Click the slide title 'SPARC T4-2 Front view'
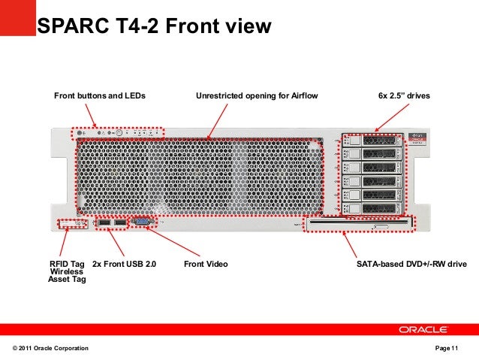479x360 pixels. pos(154,28)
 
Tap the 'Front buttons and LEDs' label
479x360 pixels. pos(99,96)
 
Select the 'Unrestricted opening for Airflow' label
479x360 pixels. pos(257,96)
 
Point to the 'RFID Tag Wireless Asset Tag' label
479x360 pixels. pos(68,272)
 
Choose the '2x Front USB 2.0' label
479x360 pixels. pos(124,265)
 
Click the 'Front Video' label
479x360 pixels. pos(206,265)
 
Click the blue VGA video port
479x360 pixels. pos(140,222)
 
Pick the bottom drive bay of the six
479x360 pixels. pos(372,207)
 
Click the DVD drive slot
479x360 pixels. pos(360,222)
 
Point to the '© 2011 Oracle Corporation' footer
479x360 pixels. pos(50,349)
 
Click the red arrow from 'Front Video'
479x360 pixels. pos(173,243)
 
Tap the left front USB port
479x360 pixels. pos(103,223)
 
